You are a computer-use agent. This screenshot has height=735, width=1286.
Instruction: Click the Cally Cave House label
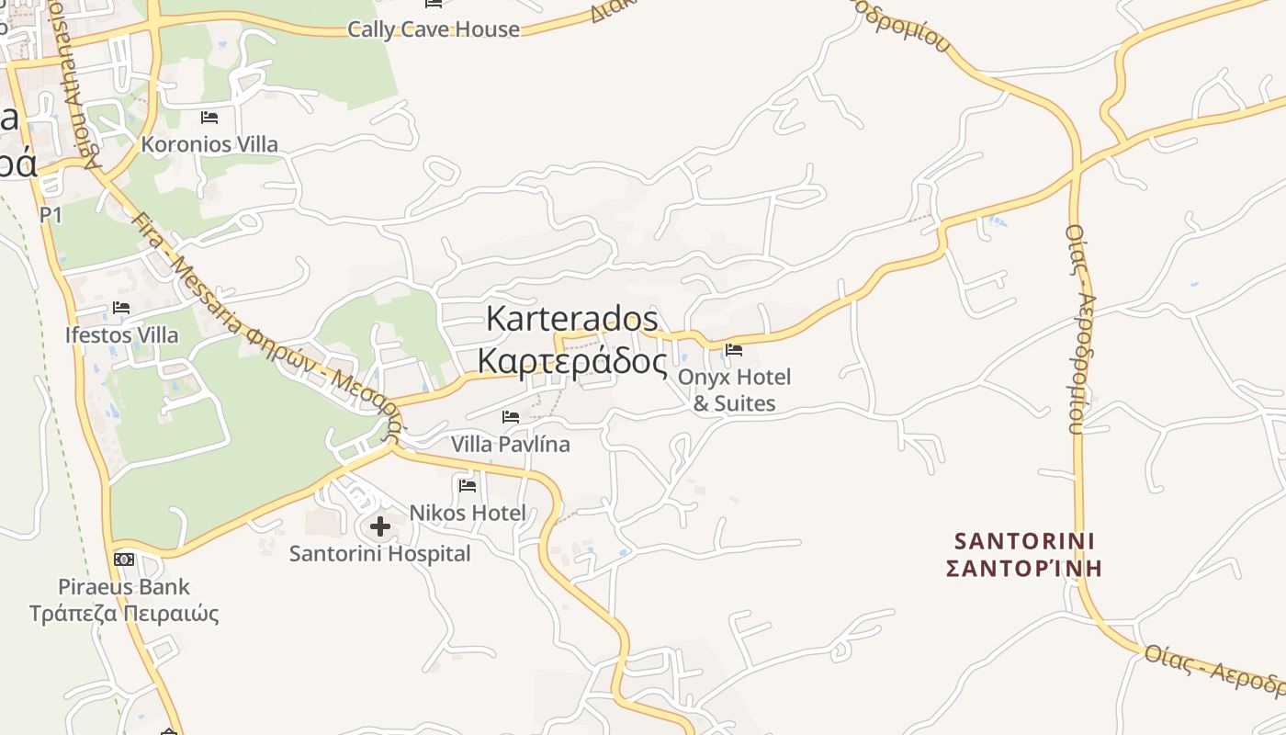coord(433,29)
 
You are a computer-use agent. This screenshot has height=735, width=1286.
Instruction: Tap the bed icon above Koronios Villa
coord(209,118)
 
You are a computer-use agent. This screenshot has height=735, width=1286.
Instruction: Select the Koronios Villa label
coord(209,144)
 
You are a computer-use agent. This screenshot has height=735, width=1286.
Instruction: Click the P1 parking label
coord(51,215)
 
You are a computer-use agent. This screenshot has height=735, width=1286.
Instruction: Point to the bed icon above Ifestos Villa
coord(121,308)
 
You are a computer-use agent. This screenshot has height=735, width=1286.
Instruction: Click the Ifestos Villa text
coord(121,334)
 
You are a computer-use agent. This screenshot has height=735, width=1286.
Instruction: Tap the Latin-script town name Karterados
coord(571,319)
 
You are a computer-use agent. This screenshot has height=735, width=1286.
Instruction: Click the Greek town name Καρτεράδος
coord(571,361)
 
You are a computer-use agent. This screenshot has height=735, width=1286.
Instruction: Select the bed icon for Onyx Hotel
coord(734,350)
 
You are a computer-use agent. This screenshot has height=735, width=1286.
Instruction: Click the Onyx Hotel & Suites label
coord(734,390)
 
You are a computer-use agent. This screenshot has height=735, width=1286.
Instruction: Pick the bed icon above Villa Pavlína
coord(511,417)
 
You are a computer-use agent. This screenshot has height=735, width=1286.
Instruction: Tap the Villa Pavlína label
coord(510,444)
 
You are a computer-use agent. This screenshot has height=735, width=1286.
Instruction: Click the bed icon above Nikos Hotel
coord(468,485)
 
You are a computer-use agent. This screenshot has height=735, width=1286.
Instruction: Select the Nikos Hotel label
coord(468,513)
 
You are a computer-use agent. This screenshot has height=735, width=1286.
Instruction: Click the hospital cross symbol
coord(380,526)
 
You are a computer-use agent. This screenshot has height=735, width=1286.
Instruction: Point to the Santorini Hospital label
coord(379,554)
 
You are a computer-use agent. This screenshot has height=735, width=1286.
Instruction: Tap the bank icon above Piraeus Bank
coord(124,560)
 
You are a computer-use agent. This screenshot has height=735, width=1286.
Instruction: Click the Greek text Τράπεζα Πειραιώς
coord(124,613)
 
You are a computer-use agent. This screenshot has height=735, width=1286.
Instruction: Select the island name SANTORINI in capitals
coord(1024,540)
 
